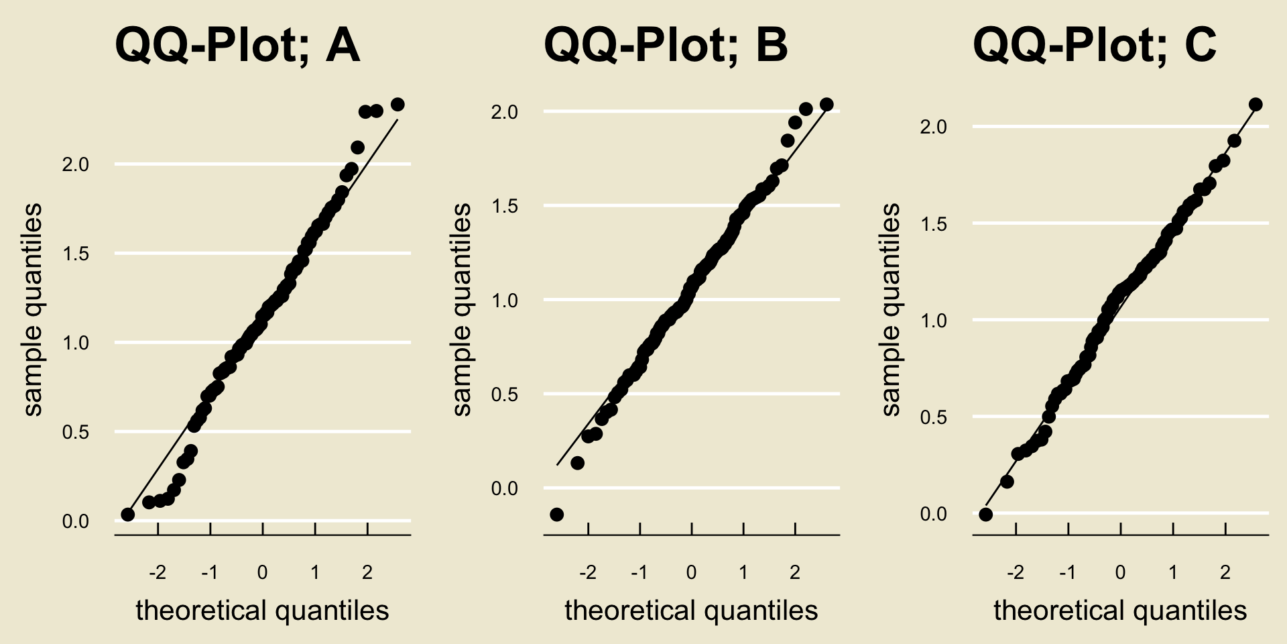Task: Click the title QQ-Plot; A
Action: pyautogui.click(x=237, y=45)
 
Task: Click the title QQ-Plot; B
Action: pyautogui.click(x=666, y=45)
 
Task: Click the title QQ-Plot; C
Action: pyautogui.click(x=1095, y=45)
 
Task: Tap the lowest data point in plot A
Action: pyautogui.click(x=128, y=515)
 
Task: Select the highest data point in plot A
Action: pyautogui.click(x=397, y=105)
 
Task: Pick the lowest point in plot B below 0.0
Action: pyautogui.click(x=556, y=515)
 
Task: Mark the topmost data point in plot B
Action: pyautogui.click(x=826, y=105)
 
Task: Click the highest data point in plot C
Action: pyautogui.click(x=1255, y=105)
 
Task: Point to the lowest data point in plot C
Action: pyautogui.click(x=985, y=515)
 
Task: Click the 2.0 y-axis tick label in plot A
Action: pyautogui.click(x=76, y=165)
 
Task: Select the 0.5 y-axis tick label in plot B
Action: pyautogui.click(x=505, y=394)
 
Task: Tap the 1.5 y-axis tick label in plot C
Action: pyautogui.click(x=934, y=224)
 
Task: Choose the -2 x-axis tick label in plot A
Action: pyautogui.click(x=158, y=573)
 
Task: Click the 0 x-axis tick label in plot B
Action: pyautogui.click(x=692, y=573)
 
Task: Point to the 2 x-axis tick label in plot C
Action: pyautogui.click(x=1225, y=573)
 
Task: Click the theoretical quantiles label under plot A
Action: pyautogui.click(x=262, y=611)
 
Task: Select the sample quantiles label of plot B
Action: pyautogui.click(x=463, y=310)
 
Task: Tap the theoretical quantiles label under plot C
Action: pyautogui.click(x=1120, y=611)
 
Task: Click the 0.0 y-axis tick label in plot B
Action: pyautogui.click(x=505, y=489)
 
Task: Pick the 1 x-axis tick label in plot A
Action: pyautogui.click(x=315, y=573)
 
